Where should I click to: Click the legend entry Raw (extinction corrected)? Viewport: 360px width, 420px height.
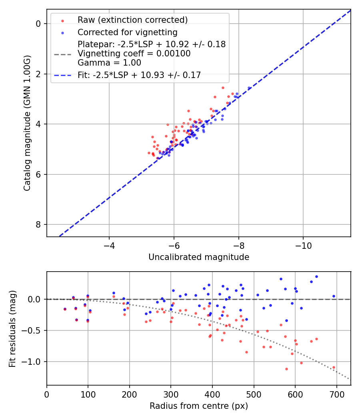click(x=132, y=20)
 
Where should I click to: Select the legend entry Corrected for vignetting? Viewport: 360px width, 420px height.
click(x=127, y=32)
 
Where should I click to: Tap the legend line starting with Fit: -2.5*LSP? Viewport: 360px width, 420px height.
click(x=139, y=75)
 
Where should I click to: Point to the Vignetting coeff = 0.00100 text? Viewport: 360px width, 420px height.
click(x=134, y=54)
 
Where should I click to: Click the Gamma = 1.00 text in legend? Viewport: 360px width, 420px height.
click(x=109, y=62)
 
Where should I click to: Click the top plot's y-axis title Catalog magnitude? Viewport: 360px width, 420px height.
click(x=27, y=122)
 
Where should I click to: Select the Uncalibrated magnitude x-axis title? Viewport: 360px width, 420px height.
click(x=199, y=257)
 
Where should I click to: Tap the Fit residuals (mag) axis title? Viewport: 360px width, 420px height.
click(x=12, y=328)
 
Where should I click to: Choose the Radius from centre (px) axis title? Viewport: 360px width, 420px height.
click(x=199, y=406)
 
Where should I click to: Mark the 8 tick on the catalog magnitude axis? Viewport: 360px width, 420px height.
click(x=38, y=224)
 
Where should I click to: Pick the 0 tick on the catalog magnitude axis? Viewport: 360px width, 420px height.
click(x=38, y=24)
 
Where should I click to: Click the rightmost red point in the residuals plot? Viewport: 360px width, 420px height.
click(x=334, y=367)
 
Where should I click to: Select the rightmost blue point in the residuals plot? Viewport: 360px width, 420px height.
click(x=334, y=296)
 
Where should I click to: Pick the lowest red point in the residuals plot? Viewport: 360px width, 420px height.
click(x=286, y=369)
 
